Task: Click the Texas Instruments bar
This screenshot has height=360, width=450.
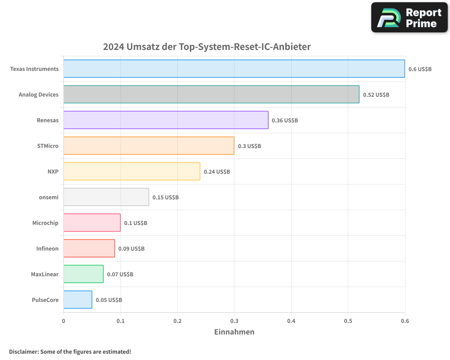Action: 234,69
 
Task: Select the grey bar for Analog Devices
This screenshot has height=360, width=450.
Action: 211,94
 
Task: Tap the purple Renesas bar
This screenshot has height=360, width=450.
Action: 166,120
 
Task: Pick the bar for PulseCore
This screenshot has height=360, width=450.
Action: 77,300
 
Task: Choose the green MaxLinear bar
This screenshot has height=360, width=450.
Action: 83,274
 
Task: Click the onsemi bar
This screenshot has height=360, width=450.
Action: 106,197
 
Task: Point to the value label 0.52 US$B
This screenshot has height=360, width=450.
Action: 376,95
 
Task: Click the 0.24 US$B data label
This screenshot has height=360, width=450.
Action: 216,172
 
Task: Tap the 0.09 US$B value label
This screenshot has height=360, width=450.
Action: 131,249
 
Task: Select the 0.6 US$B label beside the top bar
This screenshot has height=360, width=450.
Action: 420,69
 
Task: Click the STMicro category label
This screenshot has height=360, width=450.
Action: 48,146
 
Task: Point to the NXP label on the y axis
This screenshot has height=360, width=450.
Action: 53,171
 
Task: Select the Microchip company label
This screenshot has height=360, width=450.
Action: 45,223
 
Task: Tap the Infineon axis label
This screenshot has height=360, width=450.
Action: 47,248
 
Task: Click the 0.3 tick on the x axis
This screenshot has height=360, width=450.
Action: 234,321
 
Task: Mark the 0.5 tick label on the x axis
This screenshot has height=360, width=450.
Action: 348,321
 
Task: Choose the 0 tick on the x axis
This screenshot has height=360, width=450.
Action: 63,321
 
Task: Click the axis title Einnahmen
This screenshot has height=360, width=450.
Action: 234,332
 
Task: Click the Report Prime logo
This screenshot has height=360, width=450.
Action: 409,18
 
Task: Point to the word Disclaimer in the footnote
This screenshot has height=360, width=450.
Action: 23,351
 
